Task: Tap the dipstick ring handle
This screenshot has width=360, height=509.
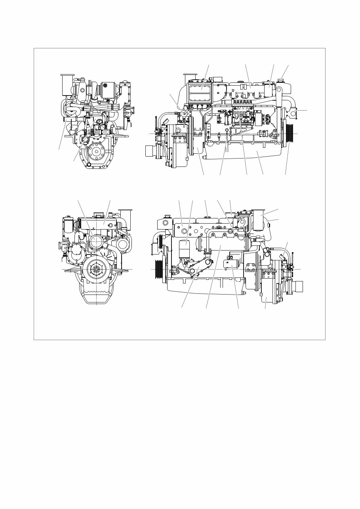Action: (227, 129)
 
